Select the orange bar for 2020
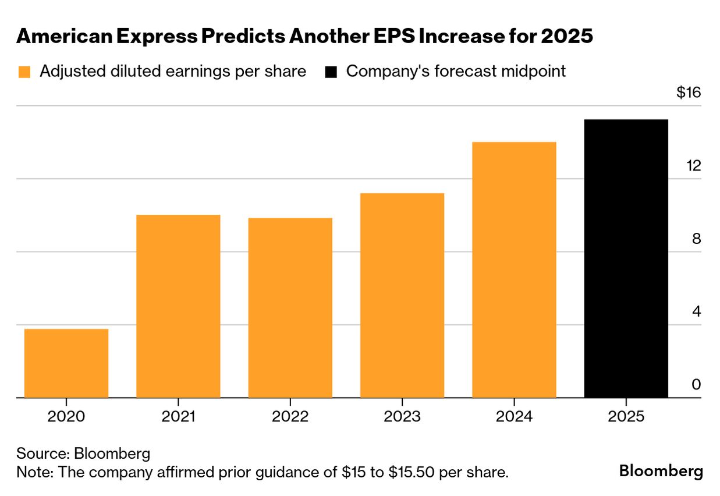[66, 363]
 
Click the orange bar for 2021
[178, 306]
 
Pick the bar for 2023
[402, 295]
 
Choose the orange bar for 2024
[514, 270]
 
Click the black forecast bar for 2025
[626, 258]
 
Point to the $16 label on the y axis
[689, 93]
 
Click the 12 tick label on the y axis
[693, 166]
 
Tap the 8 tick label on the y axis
[696, 239]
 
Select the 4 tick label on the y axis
[696, 312]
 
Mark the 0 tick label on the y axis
[696, 385]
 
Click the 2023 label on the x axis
[402, 417]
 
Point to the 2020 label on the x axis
[66, 417]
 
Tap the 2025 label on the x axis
[626, 417]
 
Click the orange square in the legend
[24, 72]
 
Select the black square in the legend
[331, 72]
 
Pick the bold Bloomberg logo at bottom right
[661, 471]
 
